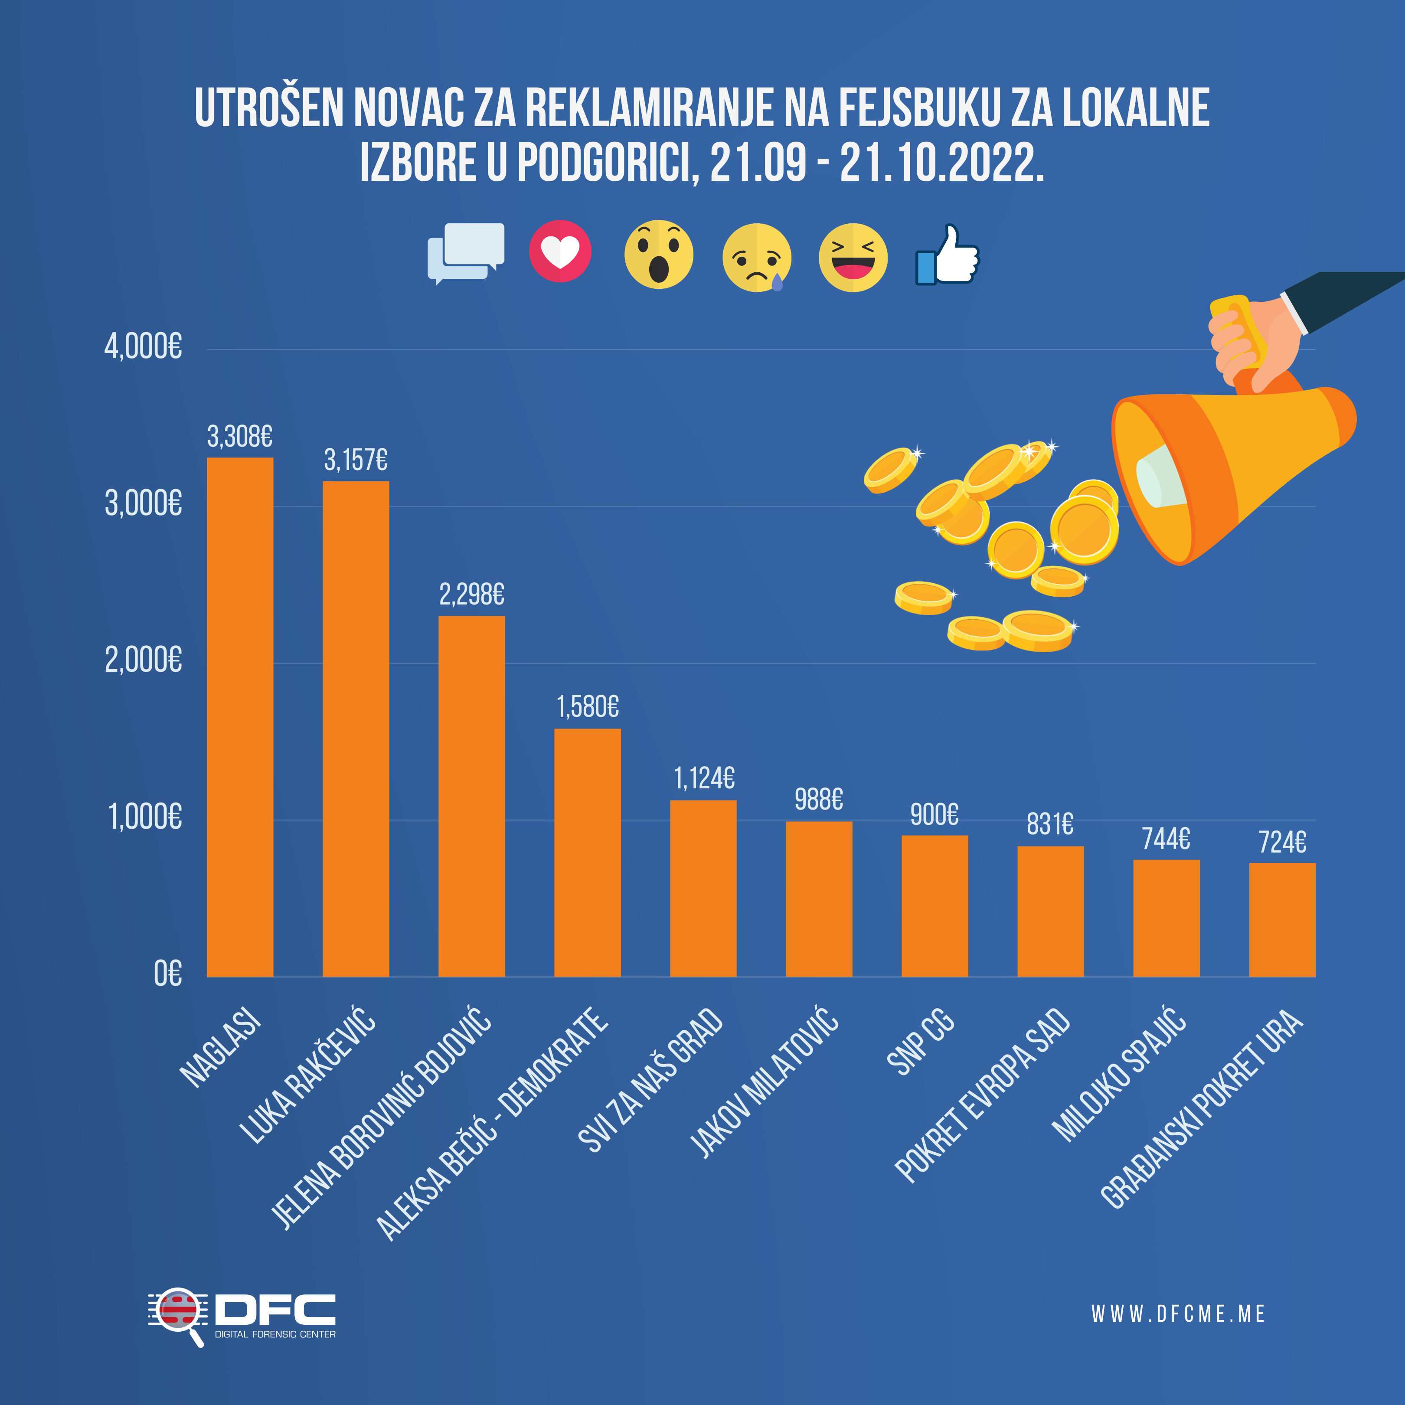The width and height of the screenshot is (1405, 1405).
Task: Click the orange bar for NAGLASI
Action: coord(240,717)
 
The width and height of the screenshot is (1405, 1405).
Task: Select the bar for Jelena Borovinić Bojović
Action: coord(471,796)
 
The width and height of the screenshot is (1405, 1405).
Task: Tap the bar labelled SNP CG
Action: coord(934,906)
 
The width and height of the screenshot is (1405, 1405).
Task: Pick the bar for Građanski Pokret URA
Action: coord(1282,920)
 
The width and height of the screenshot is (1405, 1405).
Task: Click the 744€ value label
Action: coord(1166,839)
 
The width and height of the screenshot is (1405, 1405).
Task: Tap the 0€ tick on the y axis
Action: coord(168,974)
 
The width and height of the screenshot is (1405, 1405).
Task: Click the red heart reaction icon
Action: coord(560,252)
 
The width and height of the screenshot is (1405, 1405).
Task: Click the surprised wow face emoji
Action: coord(659,255)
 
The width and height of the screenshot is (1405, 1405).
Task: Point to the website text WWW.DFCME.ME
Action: coord(1178,1314)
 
